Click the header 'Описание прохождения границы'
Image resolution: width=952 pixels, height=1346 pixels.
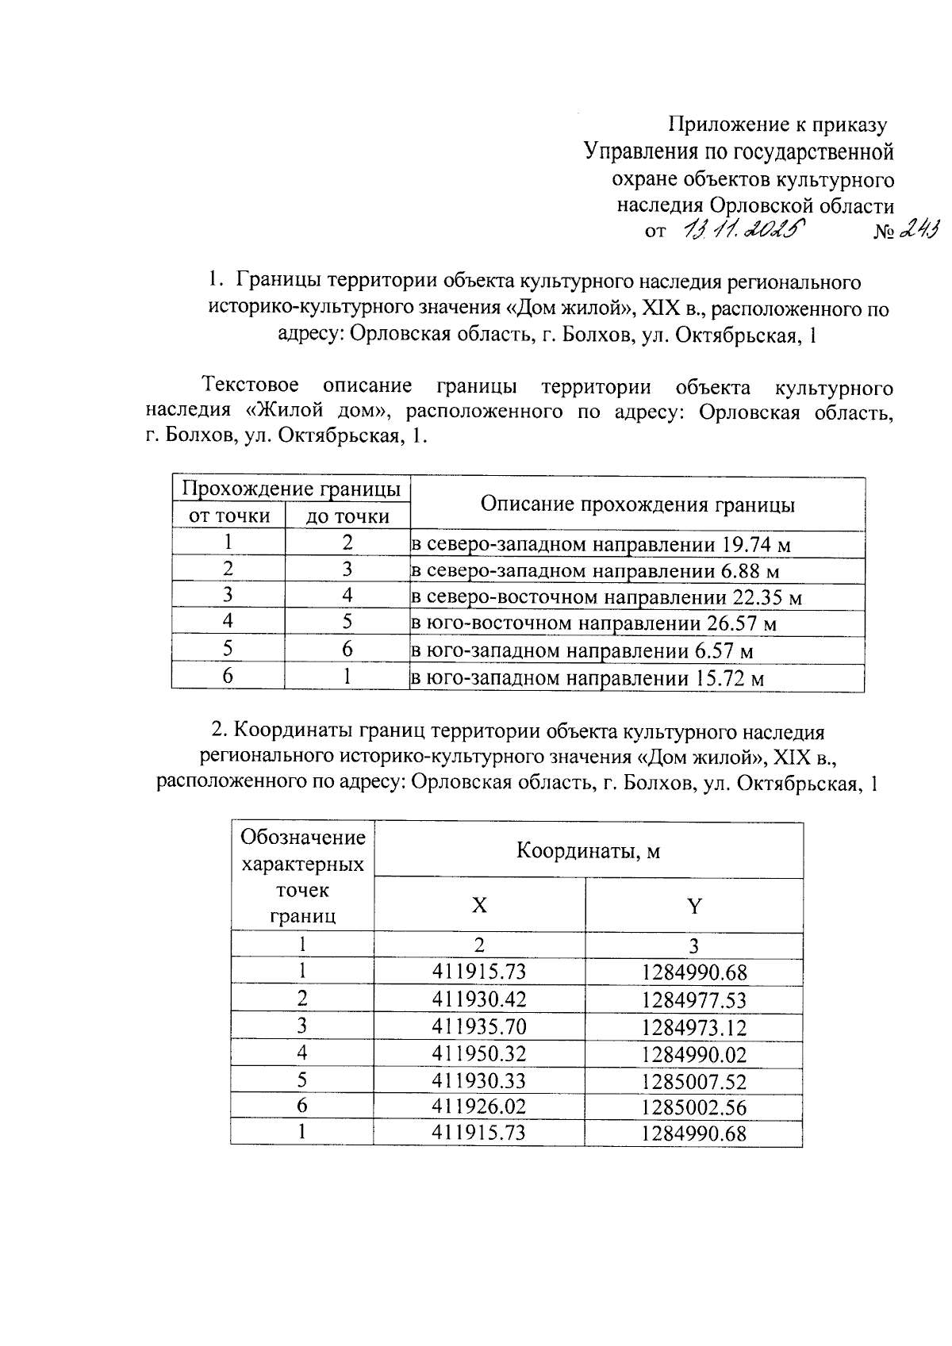637,504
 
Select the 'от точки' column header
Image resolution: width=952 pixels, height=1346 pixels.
228,516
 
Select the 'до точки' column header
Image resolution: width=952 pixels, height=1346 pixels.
347,517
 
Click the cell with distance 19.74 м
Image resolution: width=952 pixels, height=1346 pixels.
601,545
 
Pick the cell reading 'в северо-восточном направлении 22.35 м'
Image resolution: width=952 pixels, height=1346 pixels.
606,597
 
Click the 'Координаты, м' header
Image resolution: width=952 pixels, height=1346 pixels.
588,851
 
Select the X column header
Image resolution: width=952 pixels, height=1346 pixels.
479,906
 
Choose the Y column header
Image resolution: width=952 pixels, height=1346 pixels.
694,906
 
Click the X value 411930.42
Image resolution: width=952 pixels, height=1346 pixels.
479,999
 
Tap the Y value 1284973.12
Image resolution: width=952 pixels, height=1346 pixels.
694,1027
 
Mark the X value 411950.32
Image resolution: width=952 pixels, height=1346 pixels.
479,1054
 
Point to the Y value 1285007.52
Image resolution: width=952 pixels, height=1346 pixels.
694,1082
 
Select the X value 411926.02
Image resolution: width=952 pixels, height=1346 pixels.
479,1107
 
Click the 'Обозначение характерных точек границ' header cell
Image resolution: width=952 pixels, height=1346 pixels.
302,876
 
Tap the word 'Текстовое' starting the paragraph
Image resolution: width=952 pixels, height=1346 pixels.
251,386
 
